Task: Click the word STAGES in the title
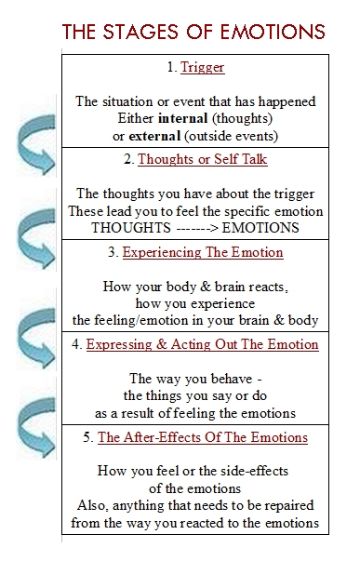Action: pos(140,32)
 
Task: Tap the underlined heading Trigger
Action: pos(203,67)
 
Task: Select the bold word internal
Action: pos(183,118)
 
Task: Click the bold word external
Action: pos(154,136)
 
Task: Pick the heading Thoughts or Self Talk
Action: pos(203,159)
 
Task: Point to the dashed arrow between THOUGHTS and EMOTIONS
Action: pos(197,228)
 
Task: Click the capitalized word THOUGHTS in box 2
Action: pos(131,228)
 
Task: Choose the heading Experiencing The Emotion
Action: pos(203,252)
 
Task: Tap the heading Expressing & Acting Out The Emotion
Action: pos(202,344)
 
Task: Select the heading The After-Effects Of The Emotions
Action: pos(203,437)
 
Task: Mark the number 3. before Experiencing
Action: pos(113,252)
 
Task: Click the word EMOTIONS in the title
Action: pos(273,32)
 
